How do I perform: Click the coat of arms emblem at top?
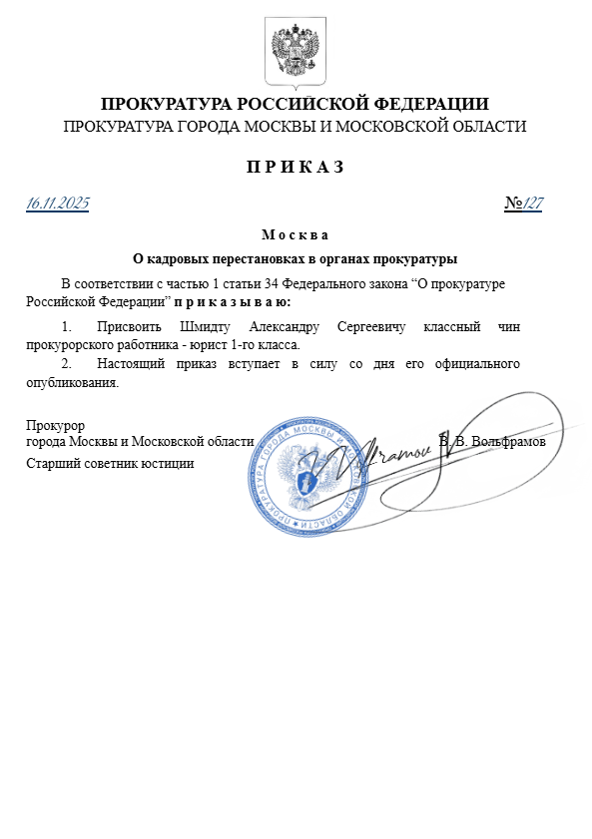pos(296,53)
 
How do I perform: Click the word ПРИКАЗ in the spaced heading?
pos(296,167)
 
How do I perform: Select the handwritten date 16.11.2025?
pos(58,204)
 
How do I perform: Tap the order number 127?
pos(533,204)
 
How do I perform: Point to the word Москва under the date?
pos(295,236)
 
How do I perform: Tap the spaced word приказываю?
pos(234,301)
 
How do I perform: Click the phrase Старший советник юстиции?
pos(110,463)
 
